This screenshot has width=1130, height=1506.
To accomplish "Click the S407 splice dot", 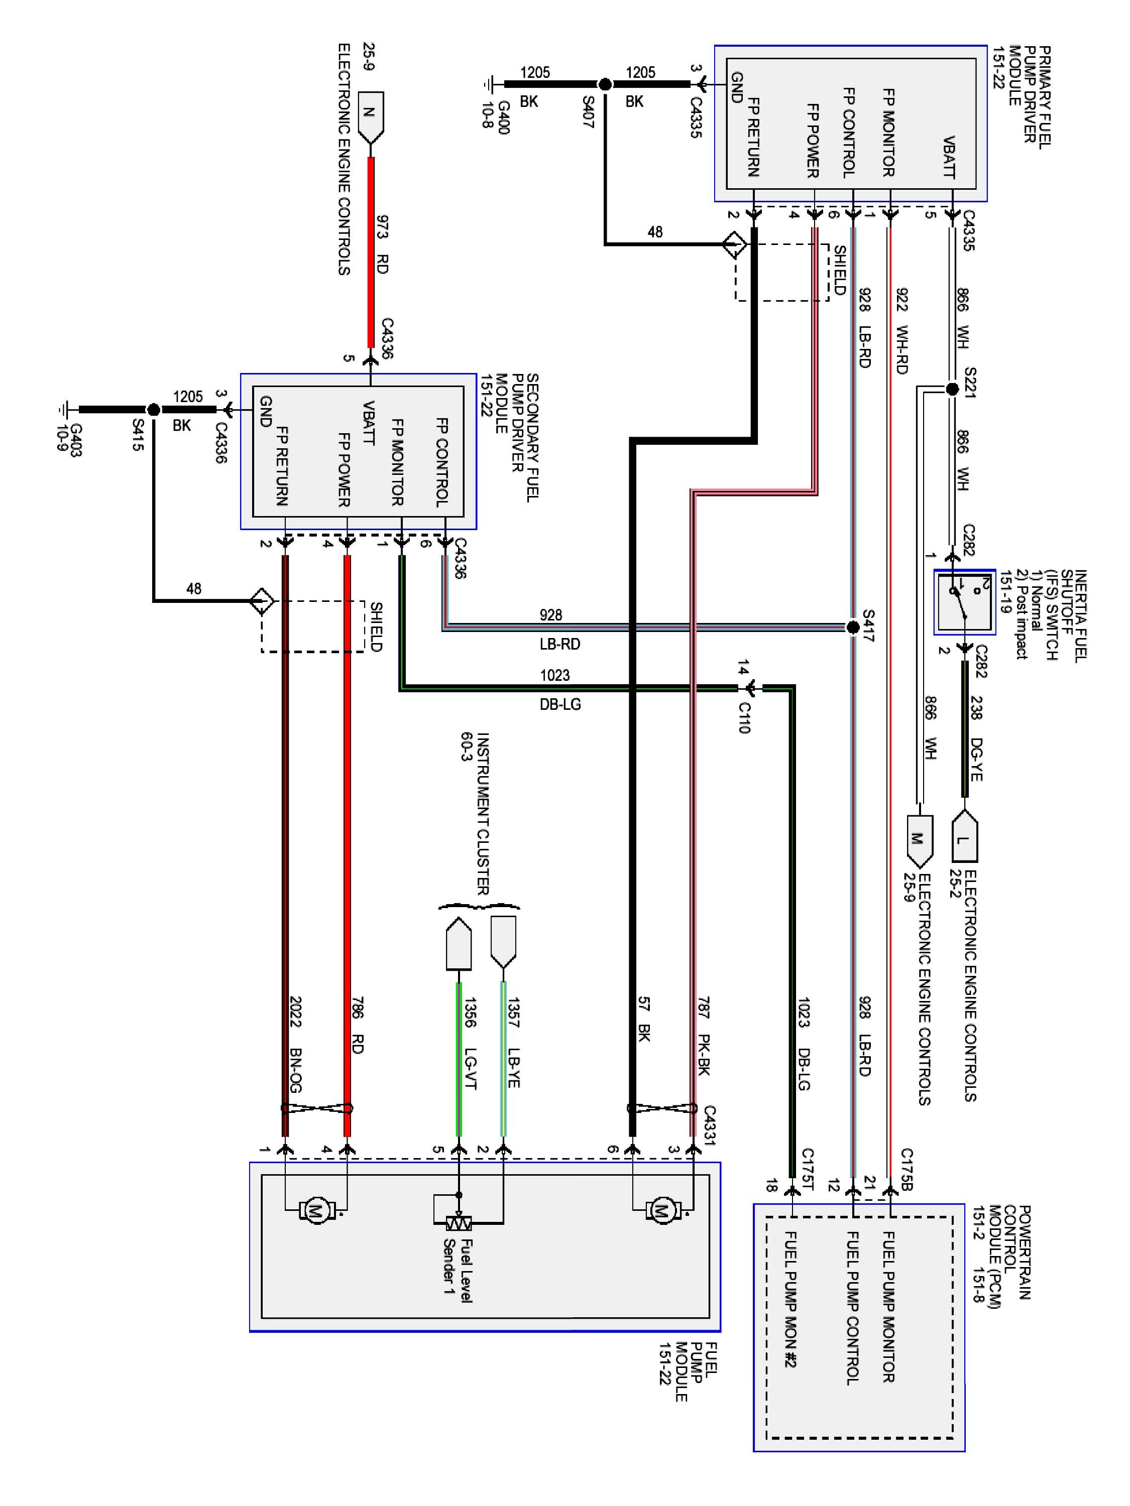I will pos(604,84).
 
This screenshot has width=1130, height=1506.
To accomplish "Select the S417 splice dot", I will pos(852,627).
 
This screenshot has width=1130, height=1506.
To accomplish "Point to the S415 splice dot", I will pos(154,410).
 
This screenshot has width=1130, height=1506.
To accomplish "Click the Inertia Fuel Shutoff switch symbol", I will pos(964,602).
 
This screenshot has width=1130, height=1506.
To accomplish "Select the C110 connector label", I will pos(744,717).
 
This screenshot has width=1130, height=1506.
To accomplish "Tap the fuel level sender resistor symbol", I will pos(459,1223).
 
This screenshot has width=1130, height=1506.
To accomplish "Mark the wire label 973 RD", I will pos(381,244).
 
